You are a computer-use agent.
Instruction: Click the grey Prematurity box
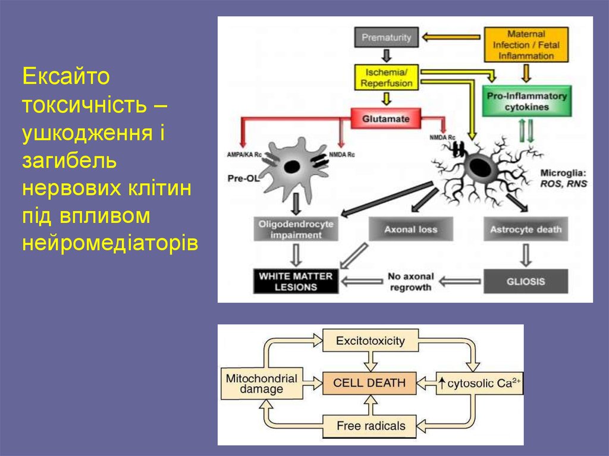[387, 38]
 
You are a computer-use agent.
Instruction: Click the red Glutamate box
[386, 118]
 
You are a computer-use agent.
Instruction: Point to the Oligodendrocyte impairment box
[296, 229]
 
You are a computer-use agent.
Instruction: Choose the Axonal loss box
[410, 229]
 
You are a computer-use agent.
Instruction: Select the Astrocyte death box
[525, 229]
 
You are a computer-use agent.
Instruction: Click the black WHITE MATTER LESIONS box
[296, 281]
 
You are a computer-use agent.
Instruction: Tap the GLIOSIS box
[526, 281]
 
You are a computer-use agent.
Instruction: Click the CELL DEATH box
[370, 383]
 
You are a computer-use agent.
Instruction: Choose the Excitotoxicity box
[370, 341]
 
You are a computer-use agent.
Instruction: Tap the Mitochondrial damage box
[262, 383]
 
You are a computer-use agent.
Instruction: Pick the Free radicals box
[371, 426]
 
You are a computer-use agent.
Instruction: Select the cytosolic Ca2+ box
[479, 383]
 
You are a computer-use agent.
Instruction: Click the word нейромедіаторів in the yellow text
[109, 243]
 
